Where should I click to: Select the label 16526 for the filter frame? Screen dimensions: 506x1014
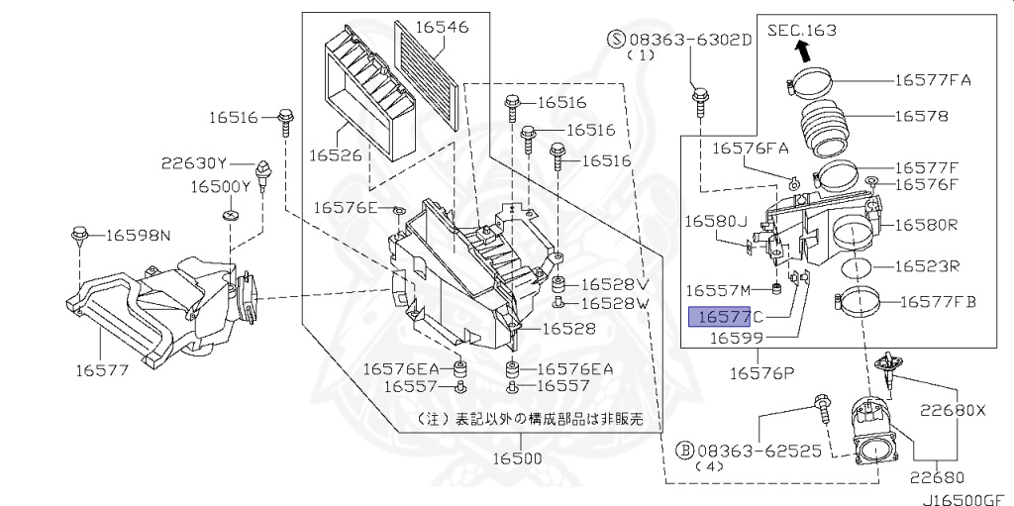pos(336,155)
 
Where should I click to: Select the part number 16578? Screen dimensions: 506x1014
pos(921,116)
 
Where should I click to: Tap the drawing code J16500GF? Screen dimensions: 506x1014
pos(964,498)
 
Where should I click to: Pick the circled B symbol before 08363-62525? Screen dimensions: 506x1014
pos(683,449)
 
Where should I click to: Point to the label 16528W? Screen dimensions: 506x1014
pos(614,302)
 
